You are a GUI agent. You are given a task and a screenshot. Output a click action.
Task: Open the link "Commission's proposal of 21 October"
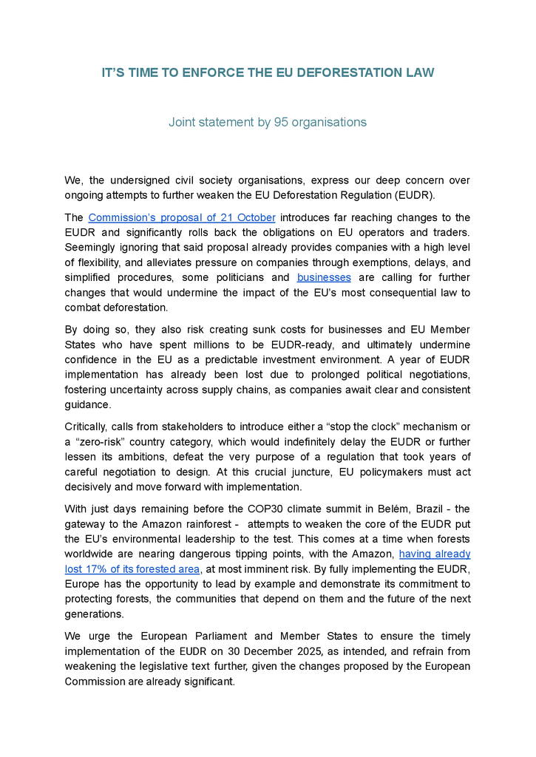pos(182,217)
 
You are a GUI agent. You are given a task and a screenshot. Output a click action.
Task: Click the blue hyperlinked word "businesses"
pos(324,277)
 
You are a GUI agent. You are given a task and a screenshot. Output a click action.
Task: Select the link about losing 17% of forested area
pos(133,568)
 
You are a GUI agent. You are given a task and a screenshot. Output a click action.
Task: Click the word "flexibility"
pos(95,262)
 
